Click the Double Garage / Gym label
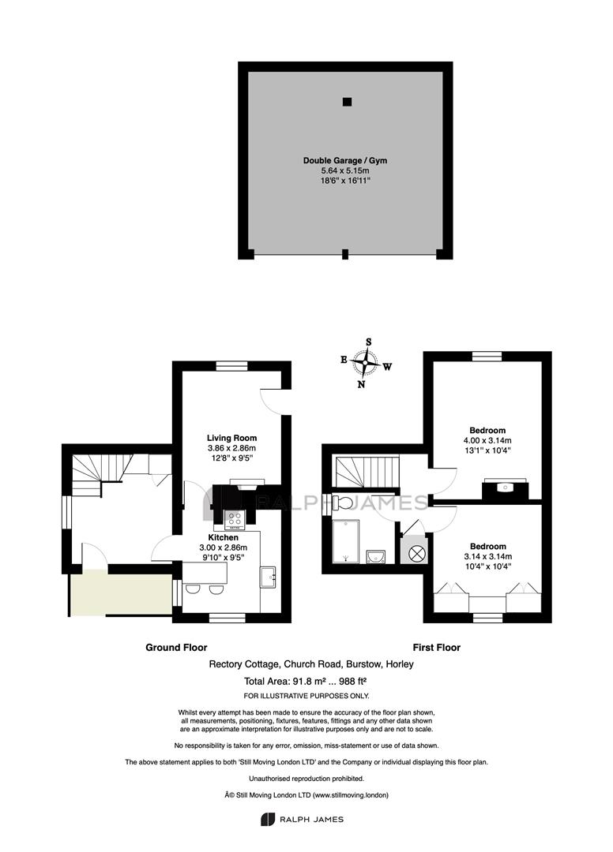(x=345, y=160)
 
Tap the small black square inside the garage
(x=347, y=102)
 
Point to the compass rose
(x=364, y=362)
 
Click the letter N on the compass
(x=361, y=384)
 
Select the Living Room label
(x=231, y=438)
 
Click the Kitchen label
(x=223, y=537)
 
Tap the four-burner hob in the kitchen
(x=235, y=520)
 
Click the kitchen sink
(x=269, y=577)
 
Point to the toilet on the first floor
(x=341, y=502)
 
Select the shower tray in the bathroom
(x=346, y=541)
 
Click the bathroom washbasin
(x=376, y=557)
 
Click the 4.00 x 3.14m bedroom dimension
(x=487, y=441)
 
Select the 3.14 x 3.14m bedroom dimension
(x=488, y=556)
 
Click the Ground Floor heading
(x=176, y=647)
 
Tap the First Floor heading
(x=436, y=647)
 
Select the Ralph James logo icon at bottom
(x=268, y=819)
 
